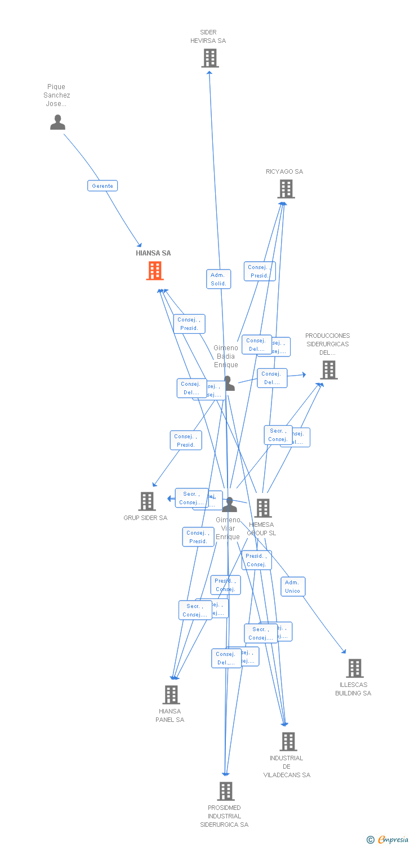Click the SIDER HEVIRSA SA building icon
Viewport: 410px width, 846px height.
(210, 58)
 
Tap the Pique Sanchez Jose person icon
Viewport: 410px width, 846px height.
(57, 122)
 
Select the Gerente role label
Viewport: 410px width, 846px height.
(102, 186)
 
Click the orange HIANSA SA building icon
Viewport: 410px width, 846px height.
(155, 271)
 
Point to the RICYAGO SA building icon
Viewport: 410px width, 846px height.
(286, 189)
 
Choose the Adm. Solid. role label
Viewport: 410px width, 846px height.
(219, 279)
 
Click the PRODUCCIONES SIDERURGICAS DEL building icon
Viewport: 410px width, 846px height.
(328, 370)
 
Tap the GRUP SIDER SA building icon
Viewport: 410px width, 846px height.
(147, 501)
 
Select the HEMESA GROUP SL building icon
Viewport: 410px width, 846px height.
(263, 508)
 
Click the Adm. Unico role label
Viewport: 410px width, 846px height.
(293, 587)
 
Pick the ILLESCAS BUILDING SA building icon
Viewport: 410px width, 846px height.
(355, 668)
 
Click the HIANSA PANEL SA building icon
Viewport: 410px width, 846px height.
(171, 695)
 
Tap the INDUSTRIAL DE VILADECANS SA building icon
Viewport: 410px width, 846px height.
(288, 742)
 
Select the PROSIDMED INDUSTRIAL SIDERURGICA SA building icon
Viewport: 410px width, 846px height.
(225, 791)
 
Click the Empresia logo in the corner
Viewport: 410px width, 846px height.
(388, 840)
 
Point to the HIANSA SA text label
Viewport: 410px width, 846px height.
(153, 253)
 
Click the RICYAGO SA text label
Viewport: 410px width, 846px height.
(284, 172)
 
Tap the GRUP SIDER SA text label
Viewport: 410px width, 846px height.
(145, 518)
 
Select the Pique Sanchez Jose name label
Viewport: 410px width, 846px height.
(57, 95)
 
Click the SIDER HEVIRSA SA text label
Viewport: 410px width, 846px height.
(208, 37)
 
